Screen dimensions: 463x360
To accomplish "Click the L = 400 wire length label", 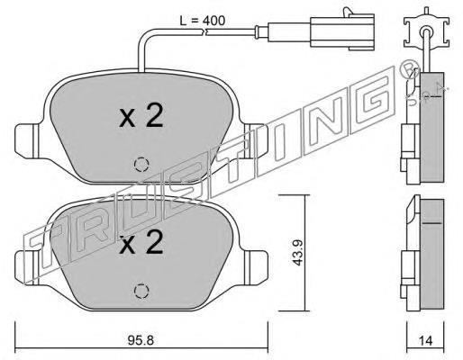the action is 202,21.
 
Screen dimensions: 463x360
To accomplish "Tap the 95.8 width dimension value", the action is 141,340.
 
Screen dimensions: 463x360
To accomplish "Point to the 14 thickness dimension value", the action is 425,340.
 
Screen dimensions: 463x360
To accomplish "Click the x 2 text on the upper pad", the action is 141,115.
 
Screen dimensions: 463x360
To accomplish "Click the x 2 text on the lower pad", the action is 141,242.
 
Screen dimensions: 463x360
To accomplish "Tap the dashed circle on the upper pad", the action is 141,165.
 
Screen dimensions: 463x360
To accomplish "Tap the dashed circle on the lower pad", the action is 141,291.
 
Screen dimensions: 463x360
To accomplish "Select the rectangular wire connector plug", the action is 342,30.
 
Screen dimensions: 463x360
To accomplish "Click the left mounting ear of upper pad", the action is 27,140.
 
